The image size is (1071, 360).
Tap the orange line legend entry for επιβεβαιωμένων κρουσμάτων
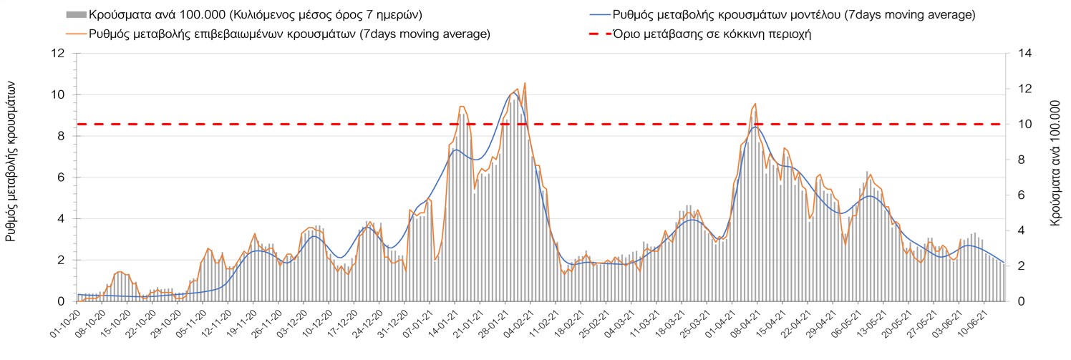coord(76,34)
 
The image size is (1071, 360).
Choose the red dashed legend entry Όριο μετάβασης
coord(600,34)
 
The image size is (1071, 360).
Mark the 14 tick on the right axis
coord(1017,54)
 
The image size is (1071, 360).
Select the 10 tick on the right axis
coord(1017,125)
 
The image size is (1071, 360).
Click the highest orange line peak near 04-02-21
coord(525,83)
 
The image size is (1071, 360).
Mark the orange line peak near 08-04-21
coord(755,104)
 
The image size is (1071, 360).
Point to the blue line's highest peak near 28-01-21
coord(513,93)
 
